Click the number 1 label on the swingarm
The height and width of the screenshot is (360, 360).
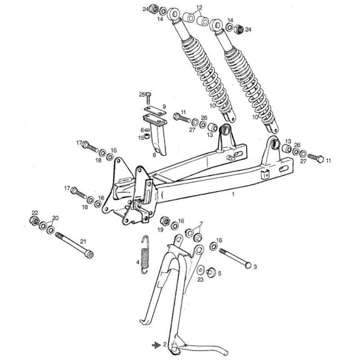233,194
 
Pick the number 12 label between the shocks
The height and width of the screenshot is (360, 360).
199,8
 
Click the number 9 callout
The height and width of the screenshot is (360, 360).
164,106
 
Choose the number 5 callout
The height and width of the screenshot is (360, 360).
220,274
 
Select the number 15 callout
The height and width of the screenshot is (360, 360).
141,137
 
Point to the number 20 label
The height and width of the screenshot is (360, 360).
55,218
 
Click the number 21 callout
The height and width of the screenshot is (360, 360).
83,242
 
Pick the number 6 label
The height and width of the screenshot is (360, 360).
142,130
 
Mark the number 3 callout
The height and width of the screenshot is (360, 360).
255,266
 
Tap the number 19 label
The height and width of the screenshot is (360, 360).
160,231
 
